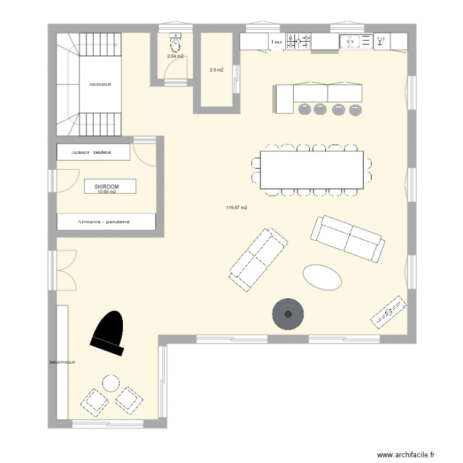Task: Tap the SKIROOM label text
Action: pyautogui.click(x=106, y=185)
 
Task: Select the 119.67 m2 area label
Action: pyautogui.click(x=236, y=207)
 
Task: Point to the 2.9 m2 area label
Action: pyautogui.click(x=216, y=70)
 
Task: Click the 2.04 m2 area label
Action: pyautogui.click(x=175, y=56)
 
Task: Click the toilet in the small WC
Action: pyautogui.click(x=176, y=43)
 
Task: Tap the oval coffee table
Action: pyautogui.click(x=322, y=277)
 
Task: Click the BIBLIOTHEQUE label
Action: pyautogui.click(x=62, y=363)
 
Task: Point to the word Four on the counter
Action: pyautogui.click(x=277, y=42)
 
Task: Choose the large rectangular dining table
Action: pyautogui.click(x=312, y=169)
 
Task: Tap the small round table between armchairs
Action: pyautogui.click(x=112, y=383)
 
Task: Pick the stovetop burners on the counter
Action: pyautogui.click(x=299, y=41)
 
